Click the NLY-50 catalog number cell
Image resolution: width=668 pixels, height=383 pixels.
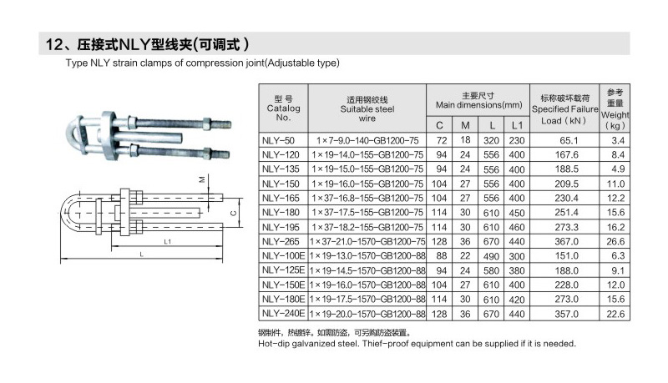[278, 140]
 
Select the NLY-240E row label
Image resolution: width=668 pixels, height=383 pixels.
[283, 314]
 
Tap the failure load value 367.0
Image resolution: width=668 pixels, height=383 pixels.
[567, 241]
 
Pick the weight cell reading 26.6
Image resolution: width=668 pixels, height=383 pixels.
[615, 241]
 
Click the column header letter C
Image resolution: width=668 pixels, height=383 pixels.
[439, 125]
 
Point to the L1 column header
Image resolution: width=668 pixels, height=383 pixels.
[517, 125]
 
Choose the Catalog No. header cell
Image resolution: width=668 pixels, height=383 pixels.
[283, 108]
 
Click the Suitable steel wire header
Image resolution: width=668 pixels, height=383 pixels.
[367, 109]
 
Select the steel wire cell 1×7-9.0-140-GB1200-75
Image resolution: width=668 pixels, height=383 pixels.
[367, 140]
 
